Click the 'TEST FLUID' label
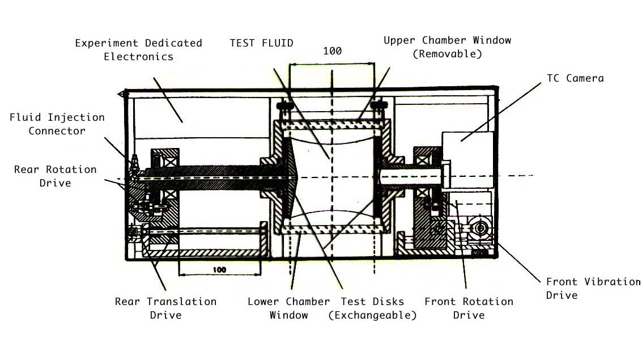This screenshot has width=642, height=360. pos(261,43)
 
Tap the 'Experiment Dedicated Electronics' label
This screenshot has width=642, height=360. pos(138,49)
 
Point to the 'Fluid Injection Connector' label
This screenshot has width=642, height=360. pos(57,124)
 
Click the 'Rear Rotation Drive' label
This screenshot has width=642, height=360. pos(55,176)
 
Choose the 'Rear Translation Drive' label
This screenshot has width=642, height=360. pos(165,308)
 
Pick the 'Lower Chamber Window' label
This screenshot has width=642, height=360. pos(288,308)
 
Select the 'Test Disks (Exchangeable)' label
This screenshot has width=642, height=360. pos(372,308)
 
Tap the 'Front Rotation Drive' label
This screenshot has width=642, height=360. pos(469,308)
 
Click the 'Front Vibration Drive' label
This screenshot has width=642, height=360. pos(593,288)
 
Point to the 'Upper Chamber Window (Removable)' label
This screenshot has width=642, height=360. pos(447,47)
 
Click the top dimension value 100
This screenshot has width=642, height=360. pos(332,51)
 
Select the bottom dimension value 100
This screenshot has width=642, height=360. pos(220,269)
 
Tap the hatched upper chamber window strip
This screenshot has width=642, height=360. pos(331,124)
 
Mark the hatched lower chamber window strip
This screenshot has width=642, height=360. pos(331,228)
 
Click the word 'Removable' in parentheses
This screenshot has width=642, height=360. pos(447,54)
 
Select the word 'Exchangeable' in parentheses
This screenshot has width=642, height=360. pos(372,315)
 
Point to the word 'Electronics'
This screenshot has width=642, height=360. pos(138,56)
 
